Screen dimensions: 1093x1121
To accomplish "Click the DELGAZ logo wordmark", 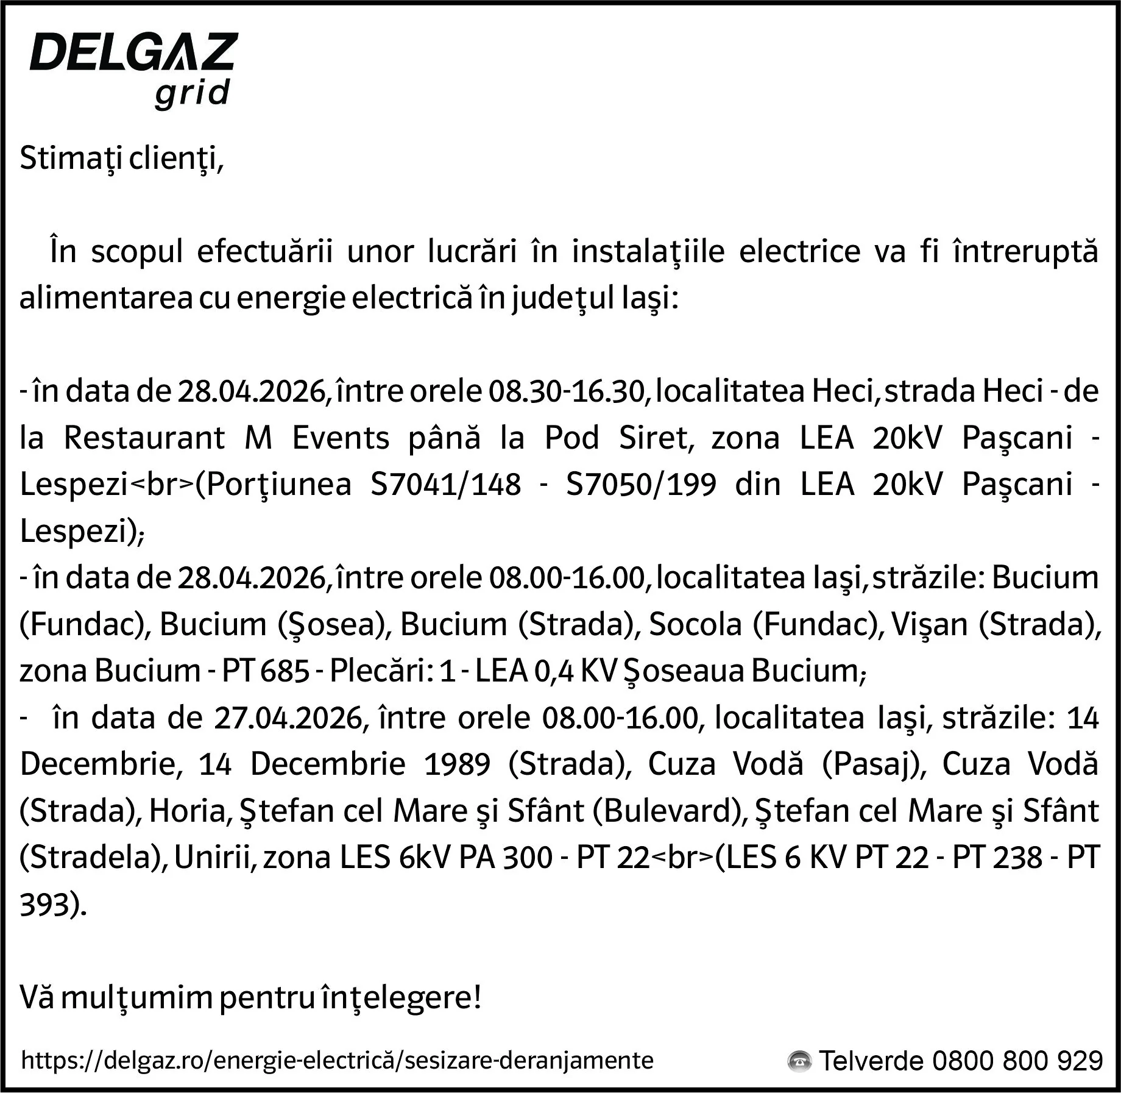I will [x=133, y=52].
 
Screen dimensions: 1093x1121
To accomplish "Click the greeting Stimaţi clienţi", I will [x=122, y=158].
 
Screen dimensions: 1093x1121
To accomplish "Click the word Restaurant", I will [x=144, y=438].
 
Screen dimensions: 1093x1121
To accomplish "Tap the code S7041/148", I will [x=445, y=485].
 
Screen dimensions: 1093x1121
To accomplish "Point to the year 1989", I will [x=457, y=764].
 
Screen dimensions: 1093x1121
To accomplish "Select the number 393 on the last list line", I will [x=44, y=905].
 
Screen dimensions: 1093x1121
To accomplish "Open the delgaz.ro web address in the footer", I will [x=337, y=1060].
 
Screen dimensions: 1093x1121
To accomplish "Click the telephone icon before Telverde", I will [x=799, y=1061].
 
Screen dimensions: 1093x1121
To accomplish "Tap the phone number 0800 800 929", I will [x=1017, y=1061].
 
